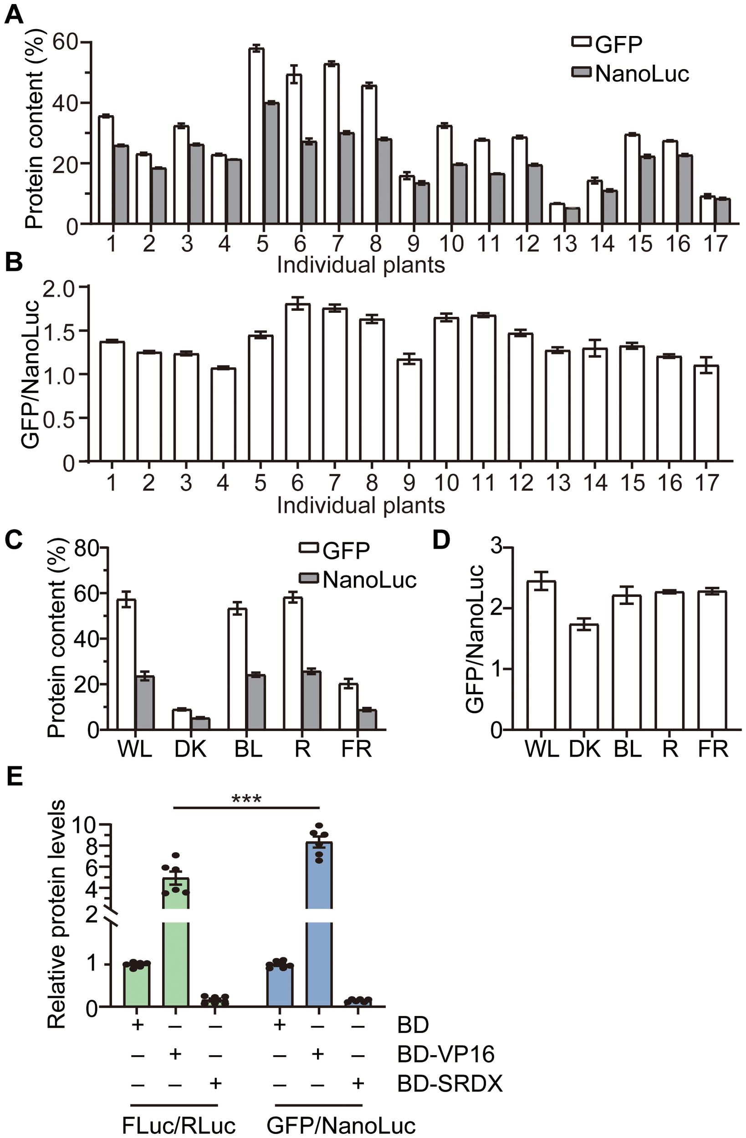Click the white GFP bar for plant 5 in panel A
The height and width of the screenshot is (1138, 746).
click(x=256, y=136)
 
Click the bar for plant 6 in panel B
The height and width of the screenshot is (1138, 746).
click(x=298, y=382)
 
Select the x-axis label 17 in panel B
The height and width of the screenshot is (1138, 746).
click(x=706, y=483)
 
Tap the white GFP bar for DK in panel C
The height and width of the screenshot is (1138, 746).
click(x=182, y=719)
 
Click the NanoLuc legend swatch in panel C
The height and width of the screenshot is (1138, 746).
click(x=309, y=579)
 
